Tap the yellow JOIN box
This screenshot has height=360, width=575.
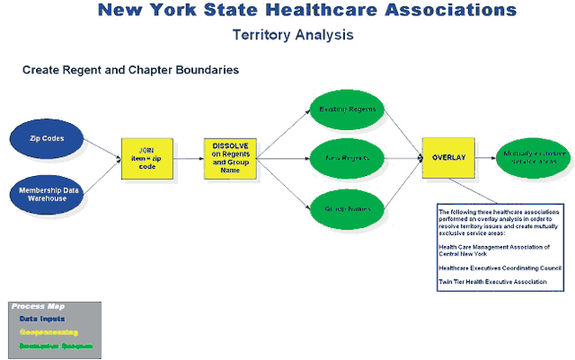[x=147, y=157]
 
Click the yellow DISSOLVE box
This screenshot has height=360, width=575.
[x=231, y=158]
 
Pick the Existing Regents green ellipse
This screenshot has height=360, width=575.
[x=348, y=110]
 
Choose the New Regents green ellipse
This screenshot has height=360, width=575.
[x=348, y=158]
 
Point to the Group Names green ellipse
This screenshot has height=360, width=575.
[x=348, y=208]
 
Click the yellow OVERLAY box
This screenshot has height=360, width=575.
[x=448, y=158]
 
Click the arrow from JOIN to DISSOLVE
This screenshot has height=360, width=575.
[x=188, y=158]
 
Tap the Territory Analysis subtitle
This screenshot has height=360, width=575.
[x=292, y=35]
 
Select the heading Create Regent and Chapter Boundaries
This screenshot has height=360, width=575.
[x=130, y=69]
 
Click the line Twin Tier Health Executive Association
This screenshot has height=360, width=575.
[x=492, y=282]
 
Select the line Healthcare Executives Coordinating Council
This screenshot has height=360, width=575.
[x=500, y=268]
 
